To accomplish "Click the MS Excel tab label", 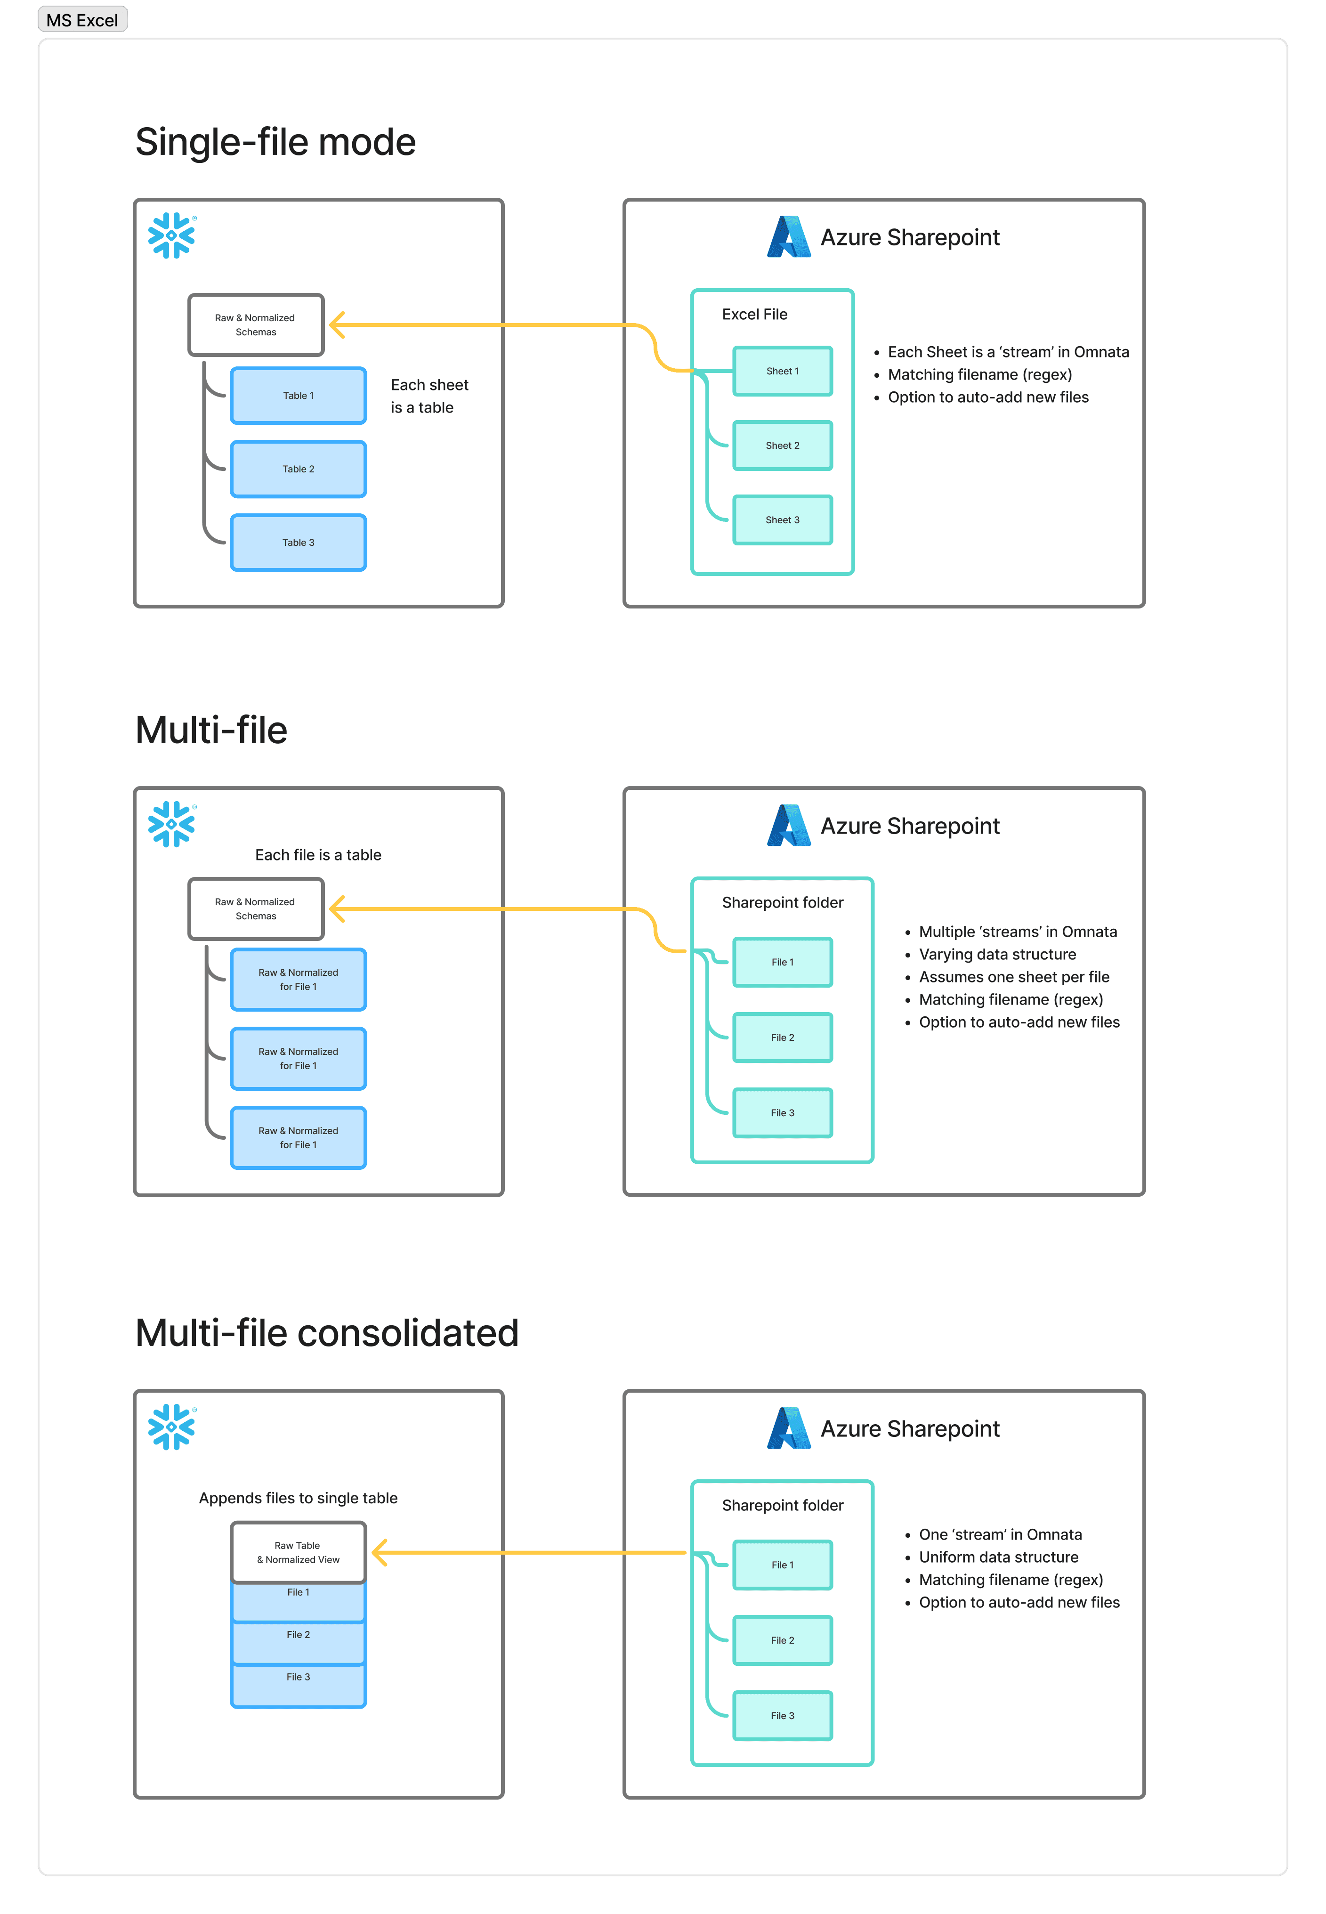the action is coord(82,20).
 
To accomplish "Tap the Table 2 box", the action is coord(298,470).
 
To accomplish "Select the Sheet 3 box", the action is coord(783,520).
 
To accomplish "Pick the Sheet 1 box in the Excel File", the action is coord(783,371).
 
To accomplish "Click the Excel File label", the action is coord(754,314).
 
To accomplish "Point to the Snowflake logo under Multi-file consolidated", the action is coord(172,1427).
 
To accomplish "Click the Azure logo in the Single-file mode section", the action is coord(788,237).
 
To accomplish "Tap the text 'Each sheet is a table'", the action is coord(429,396).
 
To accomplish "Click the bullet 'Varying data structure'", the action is coord(997,955).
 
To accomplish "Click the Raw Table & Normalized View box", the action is coord(298,1553).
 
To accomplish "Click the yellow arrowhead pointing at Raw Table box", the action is coord(380,1553).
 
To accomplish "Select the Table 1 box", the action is coord(298,396).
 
